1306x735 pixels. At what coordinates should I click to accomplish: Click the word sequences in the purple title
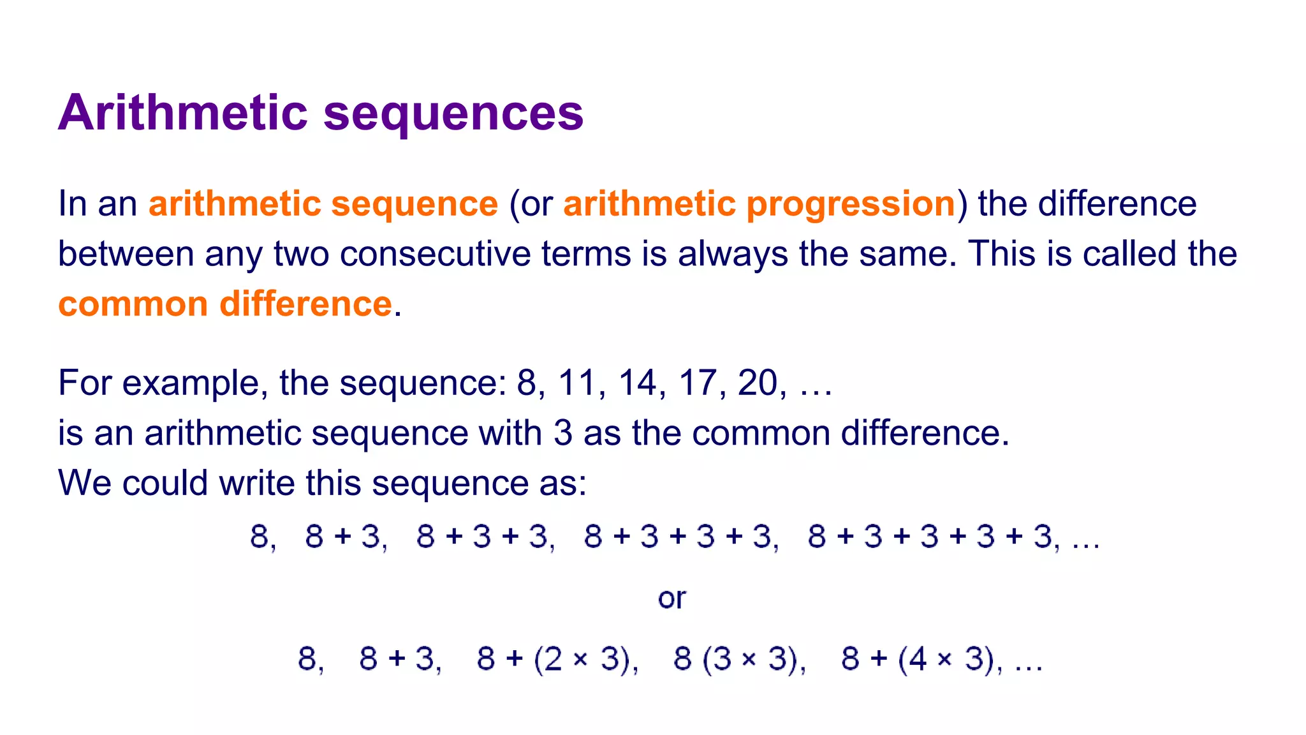(x=453, y=113)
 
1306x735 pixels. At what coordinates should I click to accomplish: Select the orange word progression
(x=851, y=204)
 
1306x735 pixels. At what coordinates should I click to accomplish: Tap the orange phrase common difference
(x=224, y=304)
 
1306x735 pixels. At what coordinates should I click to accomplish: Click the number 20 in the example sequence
(x=758, y=383)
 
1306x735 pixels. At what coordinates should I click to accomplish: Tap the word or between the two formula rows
(x=671, y=598)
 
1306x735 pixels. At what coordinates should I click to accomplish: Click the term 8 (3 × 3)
(x=735, y=658)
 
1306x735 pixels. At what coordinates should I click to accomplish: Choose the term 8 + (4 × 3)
(x=917, y=658)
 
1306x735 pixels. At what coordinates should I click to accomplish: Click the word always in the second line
(x=733, y=254)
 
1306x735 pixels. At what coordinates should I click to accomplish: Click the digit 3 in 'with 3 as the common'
(x=562, y=433)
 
